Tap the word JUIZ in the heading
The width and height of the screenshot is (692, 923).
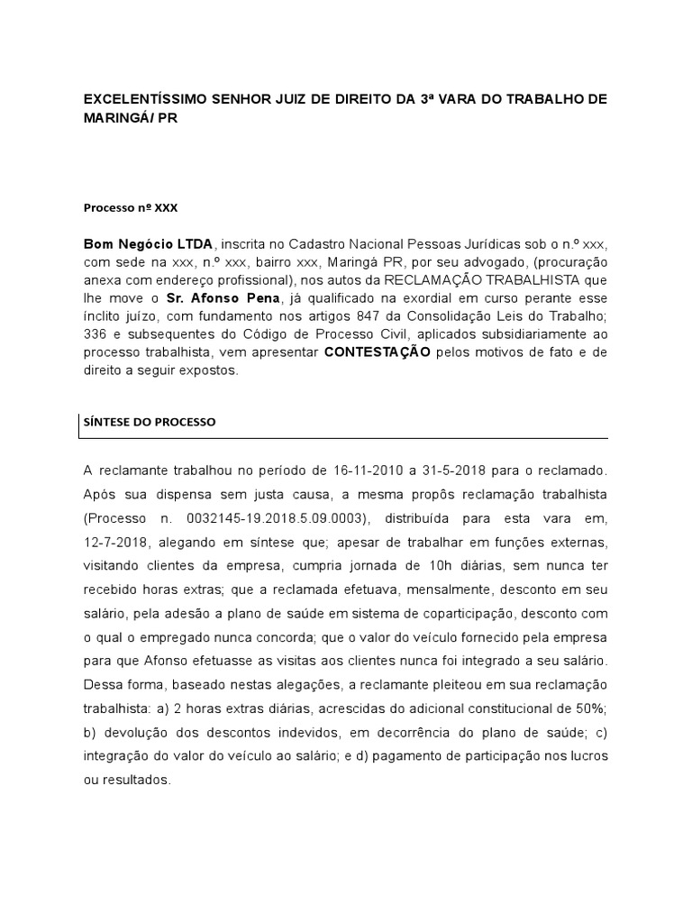pyautogui.click(x=296, y=98)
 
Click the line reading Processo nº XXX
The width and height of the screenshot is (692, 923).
pyautogui.click(x=131, y=207)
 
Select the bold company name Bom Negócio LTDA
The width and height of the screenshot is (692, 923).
pyautogui.click(x=148, y=243)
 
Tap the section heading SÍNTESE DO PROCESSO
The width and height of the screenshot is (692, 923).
pyautogui.click(x=150, y=421)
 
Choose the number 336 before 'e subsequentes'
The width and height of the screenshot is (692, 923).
pyautogui.click(x=95, y=334)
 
